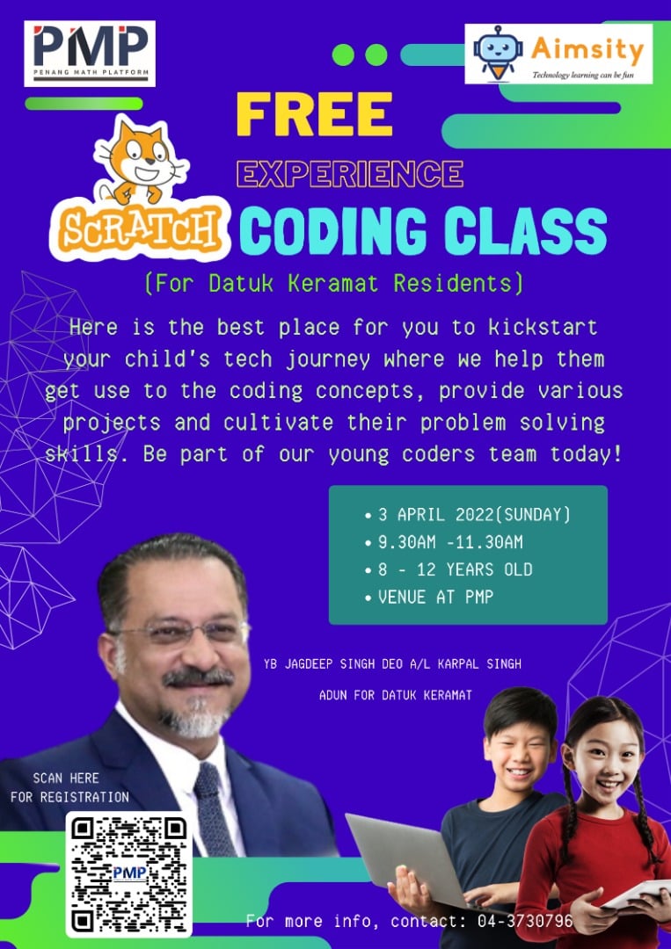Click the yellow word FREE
coord(313,114)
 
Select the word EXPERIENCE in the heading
coord(349,174)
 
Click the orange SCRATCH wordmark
coord(140,229)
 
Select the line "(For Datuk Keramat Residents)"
coord(333,283)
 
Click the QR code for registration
coord(129,874)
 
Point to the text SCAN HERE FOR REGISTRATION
coord(69,787)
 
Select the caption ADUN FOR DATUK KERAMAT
coord(395,695)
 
